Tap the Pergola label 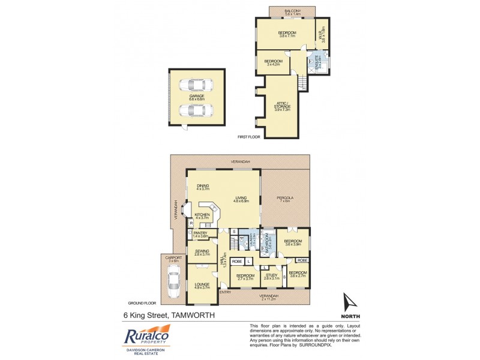tap(283, 199)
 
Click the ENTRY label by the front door tap(226, 292)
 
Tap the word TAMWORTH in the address tap(194, 315)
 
